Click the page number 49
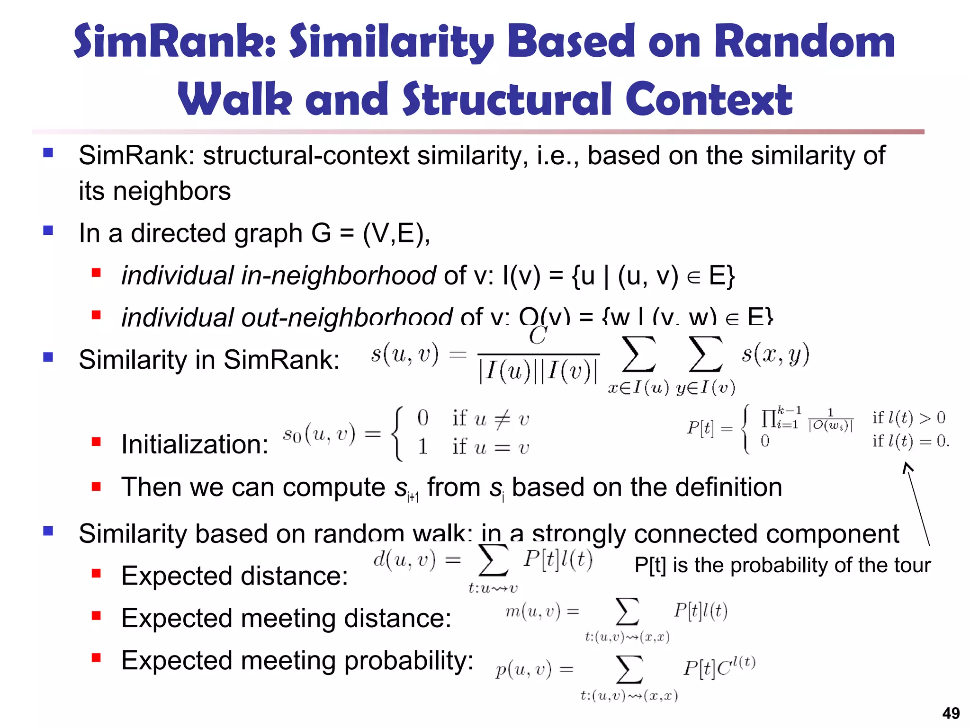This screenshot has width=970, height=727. [x=951, y=713]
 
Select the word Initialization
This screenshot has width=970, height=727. [x=195, y=444]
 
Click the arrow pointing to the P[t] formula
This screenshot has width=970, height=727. [x=917, y=504]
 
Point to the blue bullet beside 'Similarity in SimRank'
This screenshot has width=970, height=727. [x=48, y=357]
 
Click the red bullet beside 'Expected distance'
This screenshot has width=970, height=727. [x=97, y=574]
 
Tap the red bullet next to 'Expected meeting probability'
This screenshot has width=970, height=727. [x=97, y=658]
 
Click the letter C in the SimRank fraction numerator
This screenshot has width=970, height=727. [x=538, y=336]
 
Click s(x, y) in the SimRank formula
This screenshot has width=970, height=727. [x=775, y=354]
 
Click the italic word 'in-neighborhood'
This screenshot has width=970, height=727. [x=338, y=275]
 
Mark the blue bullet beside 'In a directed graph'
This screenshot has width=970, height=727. [x=48, y=231]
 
